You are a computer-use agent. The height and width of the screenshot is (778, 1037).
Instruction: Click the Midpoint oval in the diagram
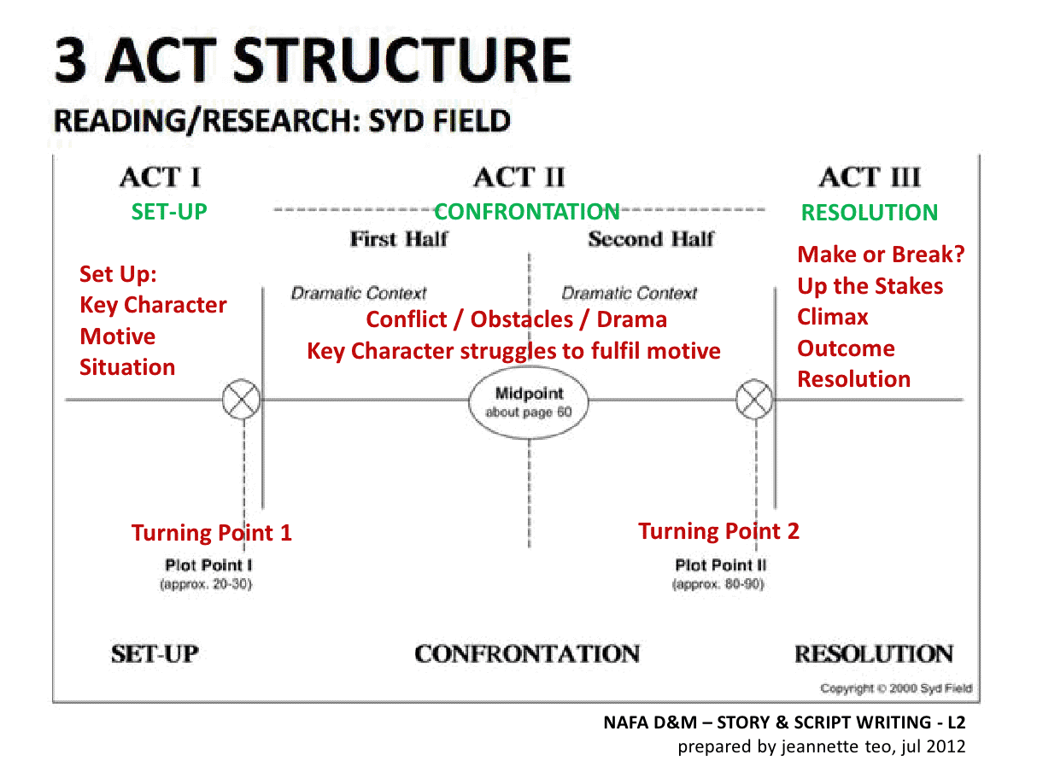click(x=529, y=401)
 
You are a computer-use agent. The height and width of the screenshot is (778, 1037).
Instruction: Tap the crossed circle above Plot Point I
click(x=242, y=400)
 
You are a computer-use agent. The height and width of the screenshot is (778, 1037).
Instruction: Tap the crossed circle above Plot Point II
click(x=754, y=400)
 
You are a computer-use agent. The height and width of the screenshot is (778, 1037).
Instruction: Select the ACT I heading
click(x=161, y=178)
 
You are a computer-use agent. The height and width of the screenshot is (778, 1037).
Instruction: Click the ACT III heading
click(x=870, y=178)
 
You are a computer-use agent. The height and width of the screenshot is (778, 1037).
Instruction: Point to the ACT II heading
click(x=518, y=178)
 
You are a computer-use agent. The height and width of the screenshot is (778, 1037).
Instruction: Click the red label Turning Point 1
click(x=211, y=533)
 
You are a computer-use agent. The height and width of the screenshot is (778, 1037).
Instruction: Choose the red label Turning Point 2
click(x=718, y=531)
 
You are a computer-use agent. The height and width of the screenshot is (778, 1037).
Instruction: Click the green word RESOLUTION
click(x=869, y=213)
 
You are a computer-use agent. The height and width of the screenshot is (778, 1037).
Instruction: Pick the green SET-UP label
click(x=169, y=212)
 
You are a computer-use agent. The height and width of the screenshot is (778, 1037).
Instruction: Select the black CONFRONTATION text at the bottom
click(x=526, y=654)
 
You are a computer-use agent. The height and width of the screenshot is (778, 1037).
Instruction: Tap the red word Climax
click(x=832, y=317)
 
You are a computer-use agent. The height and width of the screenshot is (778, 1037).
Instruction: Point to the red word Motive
click(x=117, y=336)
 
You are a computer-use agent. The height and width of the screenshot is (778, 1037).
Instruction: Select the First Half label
click(x=398, y=239)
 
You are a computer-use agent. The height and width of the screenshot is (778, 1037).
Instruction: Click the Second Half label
click(x=650, y=239)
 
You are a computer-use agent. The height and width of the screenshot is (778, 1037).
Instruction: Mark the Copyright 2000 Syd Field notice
click(x=895, y=688)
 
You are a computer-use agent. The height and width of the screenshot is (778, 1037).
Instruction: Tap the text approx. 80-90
click(x=718, y=585)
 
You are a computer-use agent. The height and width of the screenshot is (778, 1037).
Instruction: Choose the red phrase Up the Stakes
click(x=870, y=286)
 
